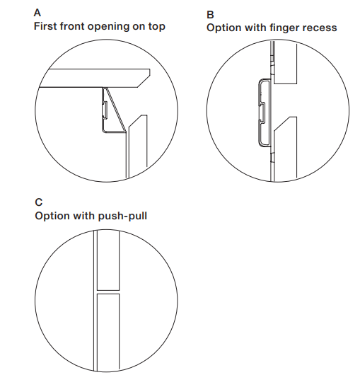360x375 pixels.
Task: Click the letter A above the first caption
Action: pyautogui.click(x=37, y=13)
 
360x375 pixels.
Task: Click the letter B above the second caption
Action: pyautogui.click(x=210, y=15)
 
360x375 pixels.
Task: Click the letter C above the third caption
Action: pyautogui.click(x=39, y=202)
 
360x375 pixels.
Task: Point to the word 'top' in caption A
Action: pyautogui.click(x=157, y=27)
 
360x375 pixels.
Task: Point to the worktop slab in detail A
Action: pyautogui.click(x=95, y=79)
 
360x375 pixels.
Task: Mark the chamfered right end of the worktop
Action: pyautogui.click(x=144, y=79)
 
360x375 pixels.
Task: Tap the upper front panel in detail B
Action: pyautogui.click(x=285, y=63)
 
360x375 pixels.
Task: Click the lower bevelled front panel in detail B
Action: pyautogui.click(x=286, y=148)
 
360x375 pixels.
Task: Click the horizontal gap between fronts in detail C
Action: pyautogui.click(x=108, y=292)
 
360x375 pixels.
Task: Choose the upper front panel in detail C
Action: pyautogui.click(x=108, y=260)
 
